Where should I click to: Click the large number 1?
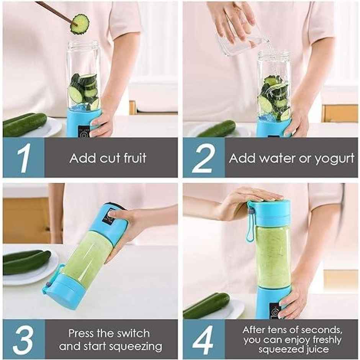(x=23, y=157)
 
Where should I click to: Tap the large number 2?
(x=203, y=157)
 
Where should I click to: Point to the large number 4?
(x=203, y=339)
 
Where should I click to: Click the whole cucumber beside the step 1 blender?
(x=25, y=124)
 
